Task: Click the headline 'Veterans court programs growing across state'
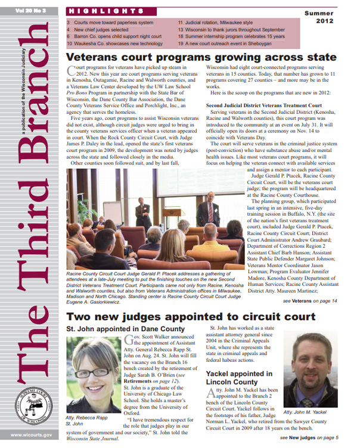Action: pyautogui.click(x=201, y=57)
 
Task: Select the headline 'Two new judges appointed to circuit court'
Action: pyautogui.click(x=191, y=317)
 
